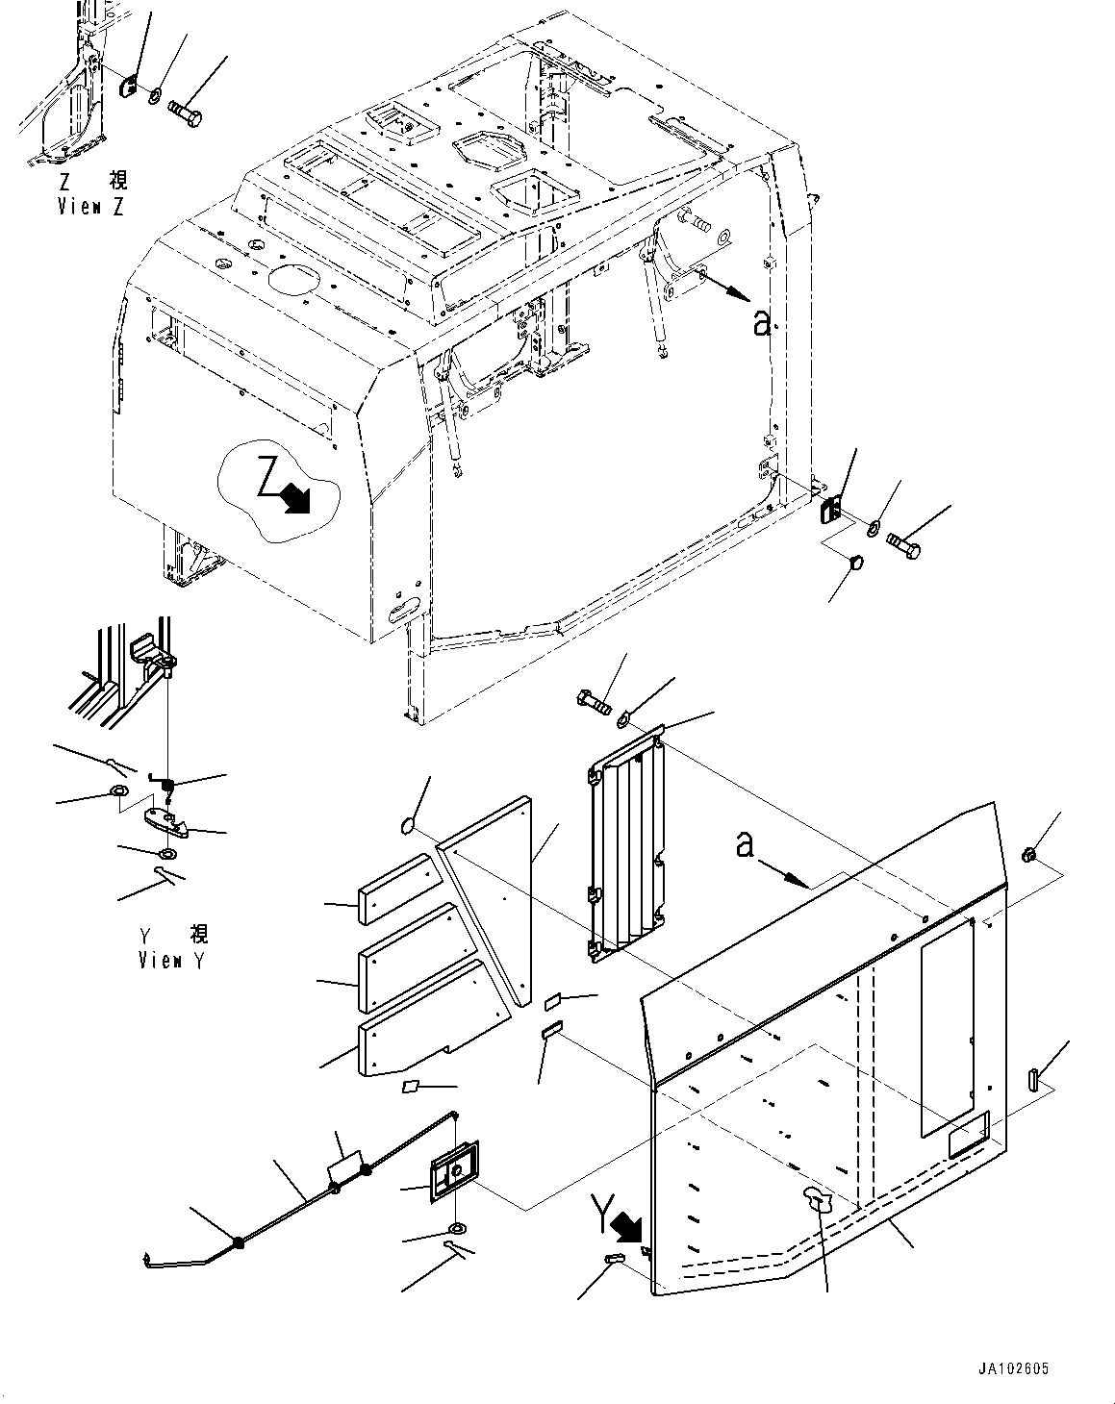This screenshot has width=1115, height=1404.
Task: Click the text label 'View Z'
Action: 90,206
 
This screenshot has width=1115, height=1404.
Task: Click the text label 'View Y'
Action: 172,960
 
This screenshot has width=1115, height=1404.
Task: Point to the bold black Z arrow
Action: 295,498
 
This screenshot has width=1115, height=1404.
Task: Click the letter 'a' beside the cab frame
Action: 761,324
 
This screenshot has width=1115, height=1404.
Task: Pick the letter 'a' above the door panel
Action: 743,845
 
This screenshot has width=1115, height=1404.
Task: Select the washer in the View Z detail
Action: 155,96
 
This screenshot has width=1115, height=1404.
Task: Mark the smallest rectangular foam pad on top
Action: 394,890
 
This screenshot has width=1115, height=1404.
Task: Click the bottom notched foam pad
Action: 433,1019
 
